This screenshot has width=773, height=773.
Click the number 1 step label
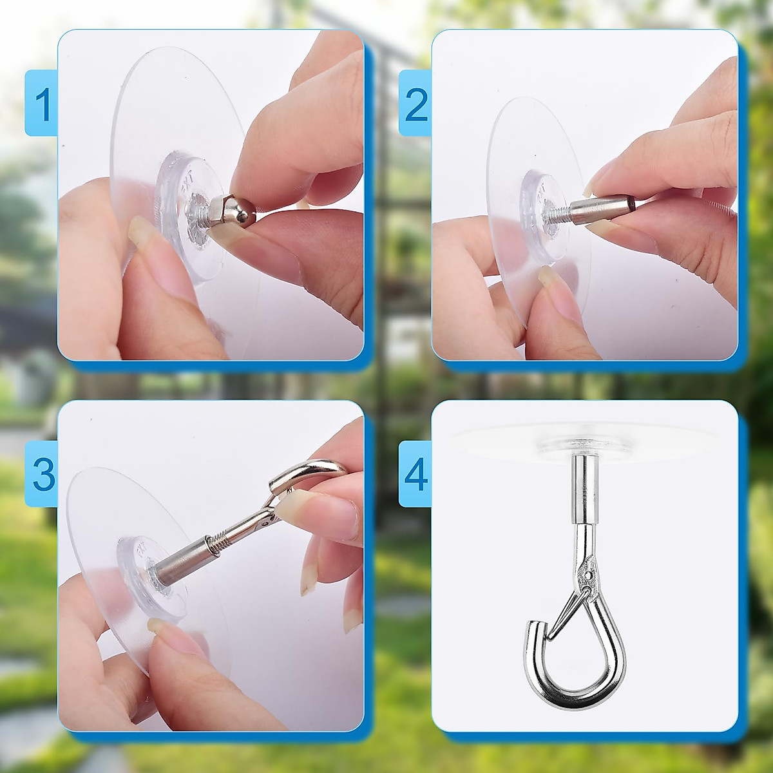(x=43, y=104)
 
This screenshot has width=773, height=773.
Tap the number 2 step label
(x=417, y=104)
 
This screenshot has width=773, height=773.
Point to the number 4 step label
(x=417, y=475)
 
